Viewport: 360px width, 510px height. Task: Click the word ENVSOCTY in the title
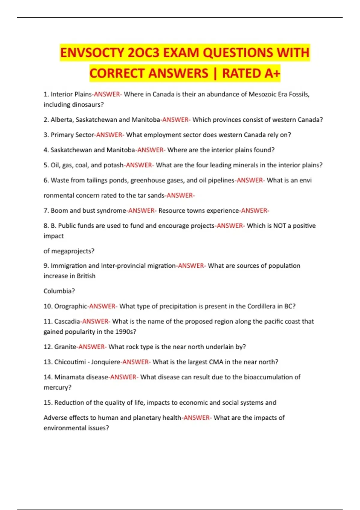point(92,53)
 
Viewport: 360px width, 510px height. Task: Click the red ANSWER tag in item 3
point(109,135)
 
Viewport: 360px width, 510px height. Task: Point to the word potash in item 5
point(113,165)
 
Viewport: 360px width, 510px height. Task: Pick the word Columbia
point(59,291)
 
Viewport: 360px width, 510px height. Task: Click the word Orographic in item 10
point(70,306)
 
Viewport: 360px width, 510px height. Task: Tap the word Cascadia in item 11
point(67,322)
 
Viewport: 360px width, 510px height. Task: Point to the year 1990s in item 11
point(126,332)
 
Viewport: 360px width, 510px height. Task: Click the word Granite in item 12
point(65,347)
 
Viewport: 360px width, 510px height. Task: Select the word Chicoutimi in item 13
point(70,362)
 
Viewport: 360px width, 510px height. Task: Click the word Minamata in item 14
point(69,377)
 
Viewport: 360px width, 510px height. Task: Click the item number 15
point(48,403)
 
